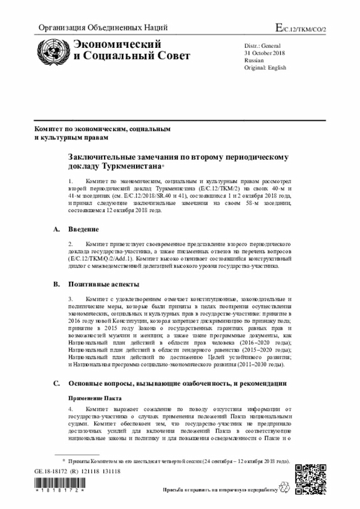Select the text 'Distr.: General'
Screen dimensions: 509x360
click(x=263, y=45)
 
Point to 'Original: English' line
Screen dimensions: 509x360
click(x=265, y=67)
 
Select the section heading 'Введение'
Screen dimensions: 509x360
click(x=84, y=229)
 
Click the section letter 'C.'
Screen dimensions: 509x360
click(x=56, y=384)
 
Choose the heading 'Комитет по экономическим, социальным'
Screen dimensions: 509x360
click(x=102, y=129)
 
